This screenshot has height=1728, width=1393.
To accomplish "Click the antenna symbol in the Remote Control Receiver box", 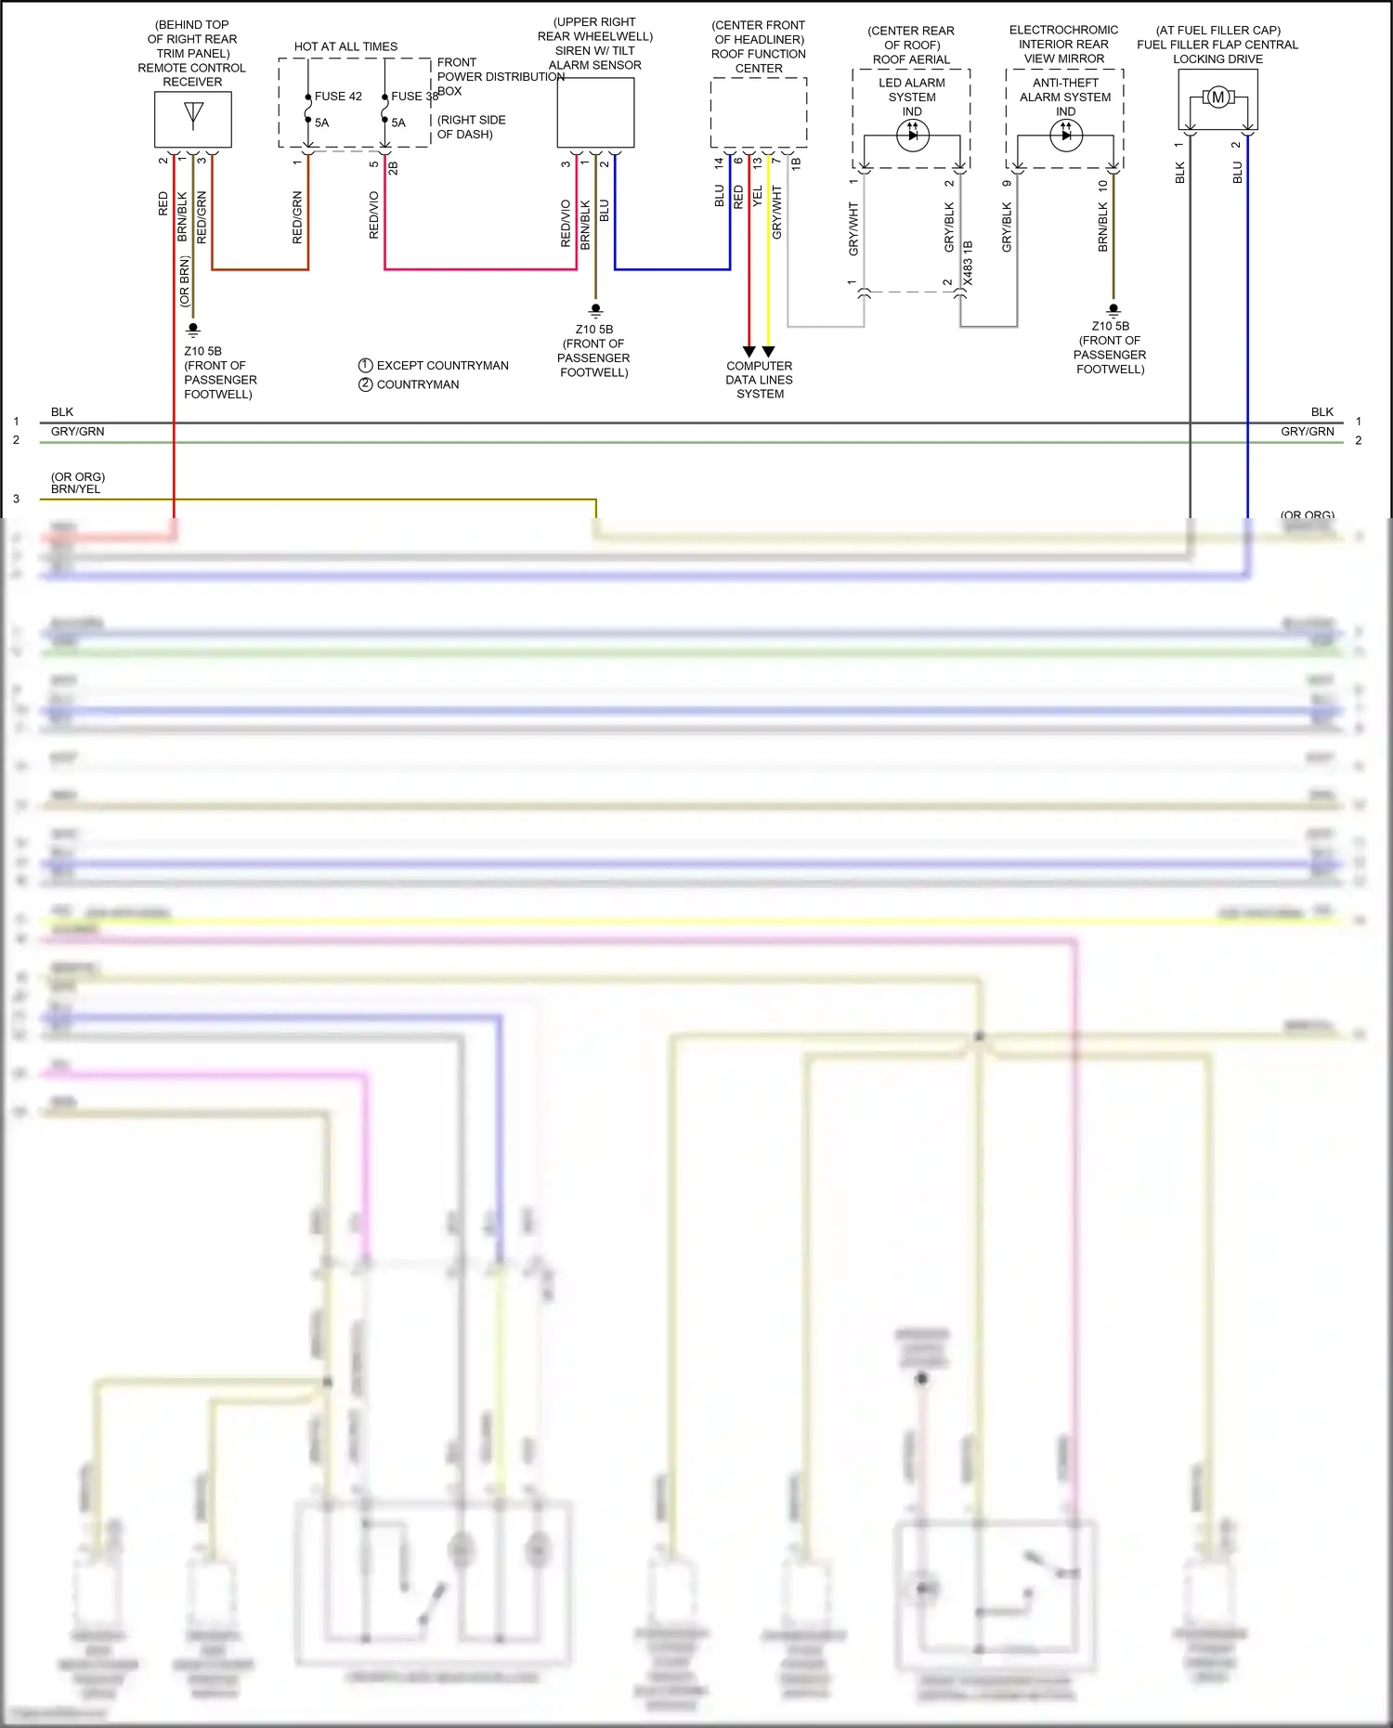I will [x=193, y=114].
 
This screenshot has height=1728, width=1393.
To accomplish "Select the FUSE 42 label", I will [x=338, y=97].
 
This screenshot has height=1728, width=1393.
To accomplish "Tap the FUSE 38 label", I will [x=414, y=97].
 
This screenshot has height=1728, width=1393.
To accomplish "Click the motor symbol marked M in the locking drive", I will [x=1217, y=97].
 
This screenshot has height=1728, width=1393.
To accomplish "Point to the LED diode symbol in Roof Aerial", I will [x=912, y=136].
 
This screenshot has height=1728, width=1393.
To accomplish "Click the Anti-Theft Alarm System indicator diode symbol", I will [x=1065, y=136].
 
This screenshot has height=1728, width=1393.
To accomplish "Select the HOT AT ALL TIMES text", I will [x=345, y=46].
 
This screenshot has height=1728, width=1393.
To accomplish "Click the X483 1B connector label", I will [x=968, y=263].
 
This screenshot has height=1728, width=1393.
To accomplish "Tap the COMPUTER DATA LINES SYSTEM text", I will [x=760, y=380].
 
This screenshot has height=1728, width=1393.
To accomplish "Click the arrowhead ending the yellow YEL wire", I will [x=768, y=352].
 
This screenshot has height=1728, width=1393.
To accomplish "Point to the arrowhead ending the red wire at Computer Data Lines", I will [x=749, y=352].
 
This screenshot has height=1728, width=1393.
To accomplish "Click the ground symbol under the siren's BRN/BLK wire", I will [x=595, y=311].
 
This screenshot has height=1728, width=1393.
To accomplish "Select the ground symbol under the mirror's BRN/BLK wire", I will [x=1113, y=310].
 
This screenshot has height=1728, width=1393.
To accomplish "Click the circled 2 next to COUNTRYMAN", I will [x=366, y=384].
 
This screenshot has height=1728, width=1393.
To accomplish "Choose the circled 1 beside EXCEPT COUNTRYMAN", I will [x=366, y=366].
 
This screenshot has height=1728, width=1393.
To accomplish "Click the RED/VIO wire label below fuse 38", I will [x=374, y=215].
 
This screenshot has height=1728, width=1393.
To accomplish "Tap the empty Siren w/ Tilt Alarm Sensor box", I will [x=595, y=112].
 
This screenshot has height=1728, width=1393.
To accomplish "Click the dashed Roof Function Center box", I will [x=759, y=112].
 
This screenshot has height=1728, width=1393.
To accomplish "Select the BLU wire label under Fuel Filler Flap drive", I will [x=1237, y=173].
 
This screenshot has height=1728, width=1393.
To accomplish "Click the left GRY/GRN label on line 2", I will [x=77, y=432].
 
